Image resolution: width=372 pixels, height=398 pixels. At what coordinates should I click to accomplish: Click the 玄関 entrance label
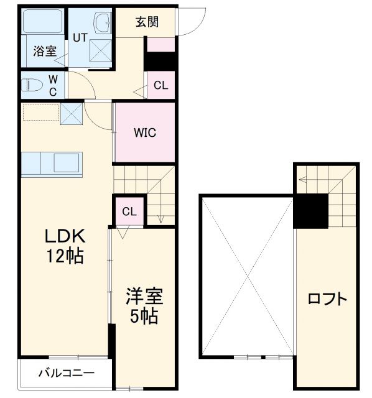point(147,22)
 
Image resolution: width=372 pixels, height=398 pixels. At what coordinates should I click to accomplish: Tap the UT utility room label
point(80,37)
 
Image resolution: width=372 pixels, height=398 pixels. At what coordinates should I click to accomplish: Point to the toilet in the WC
point(34,84)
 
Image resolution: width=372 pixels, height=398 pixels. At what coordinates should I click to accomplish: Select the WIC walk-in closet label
point(144,132)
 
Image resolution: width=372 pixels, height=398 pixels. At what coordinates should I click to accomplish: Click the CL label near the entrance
point(160,86)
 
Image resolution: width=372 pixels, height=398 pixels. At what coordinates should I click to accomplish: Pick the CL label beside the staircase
point(129,211)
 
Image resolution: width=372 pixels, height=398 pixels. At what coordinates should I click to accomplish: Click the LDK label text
point(63,237)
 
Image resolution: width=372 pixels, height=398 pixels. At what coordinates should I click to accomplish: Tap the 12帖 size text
point(63,256)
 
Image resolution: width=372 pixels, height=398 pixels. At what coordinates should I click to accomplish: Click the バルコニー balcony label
point(67,374)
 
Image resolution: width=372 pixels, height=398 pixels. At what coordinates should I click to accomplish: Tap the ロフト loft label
point(327,298)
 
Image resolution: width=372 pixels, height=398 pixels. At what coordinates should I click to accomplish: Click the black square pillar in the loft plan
point(311,211)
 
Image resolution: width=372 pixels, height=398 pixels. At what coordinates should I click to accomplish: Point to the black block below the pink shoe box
point(160,62)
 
